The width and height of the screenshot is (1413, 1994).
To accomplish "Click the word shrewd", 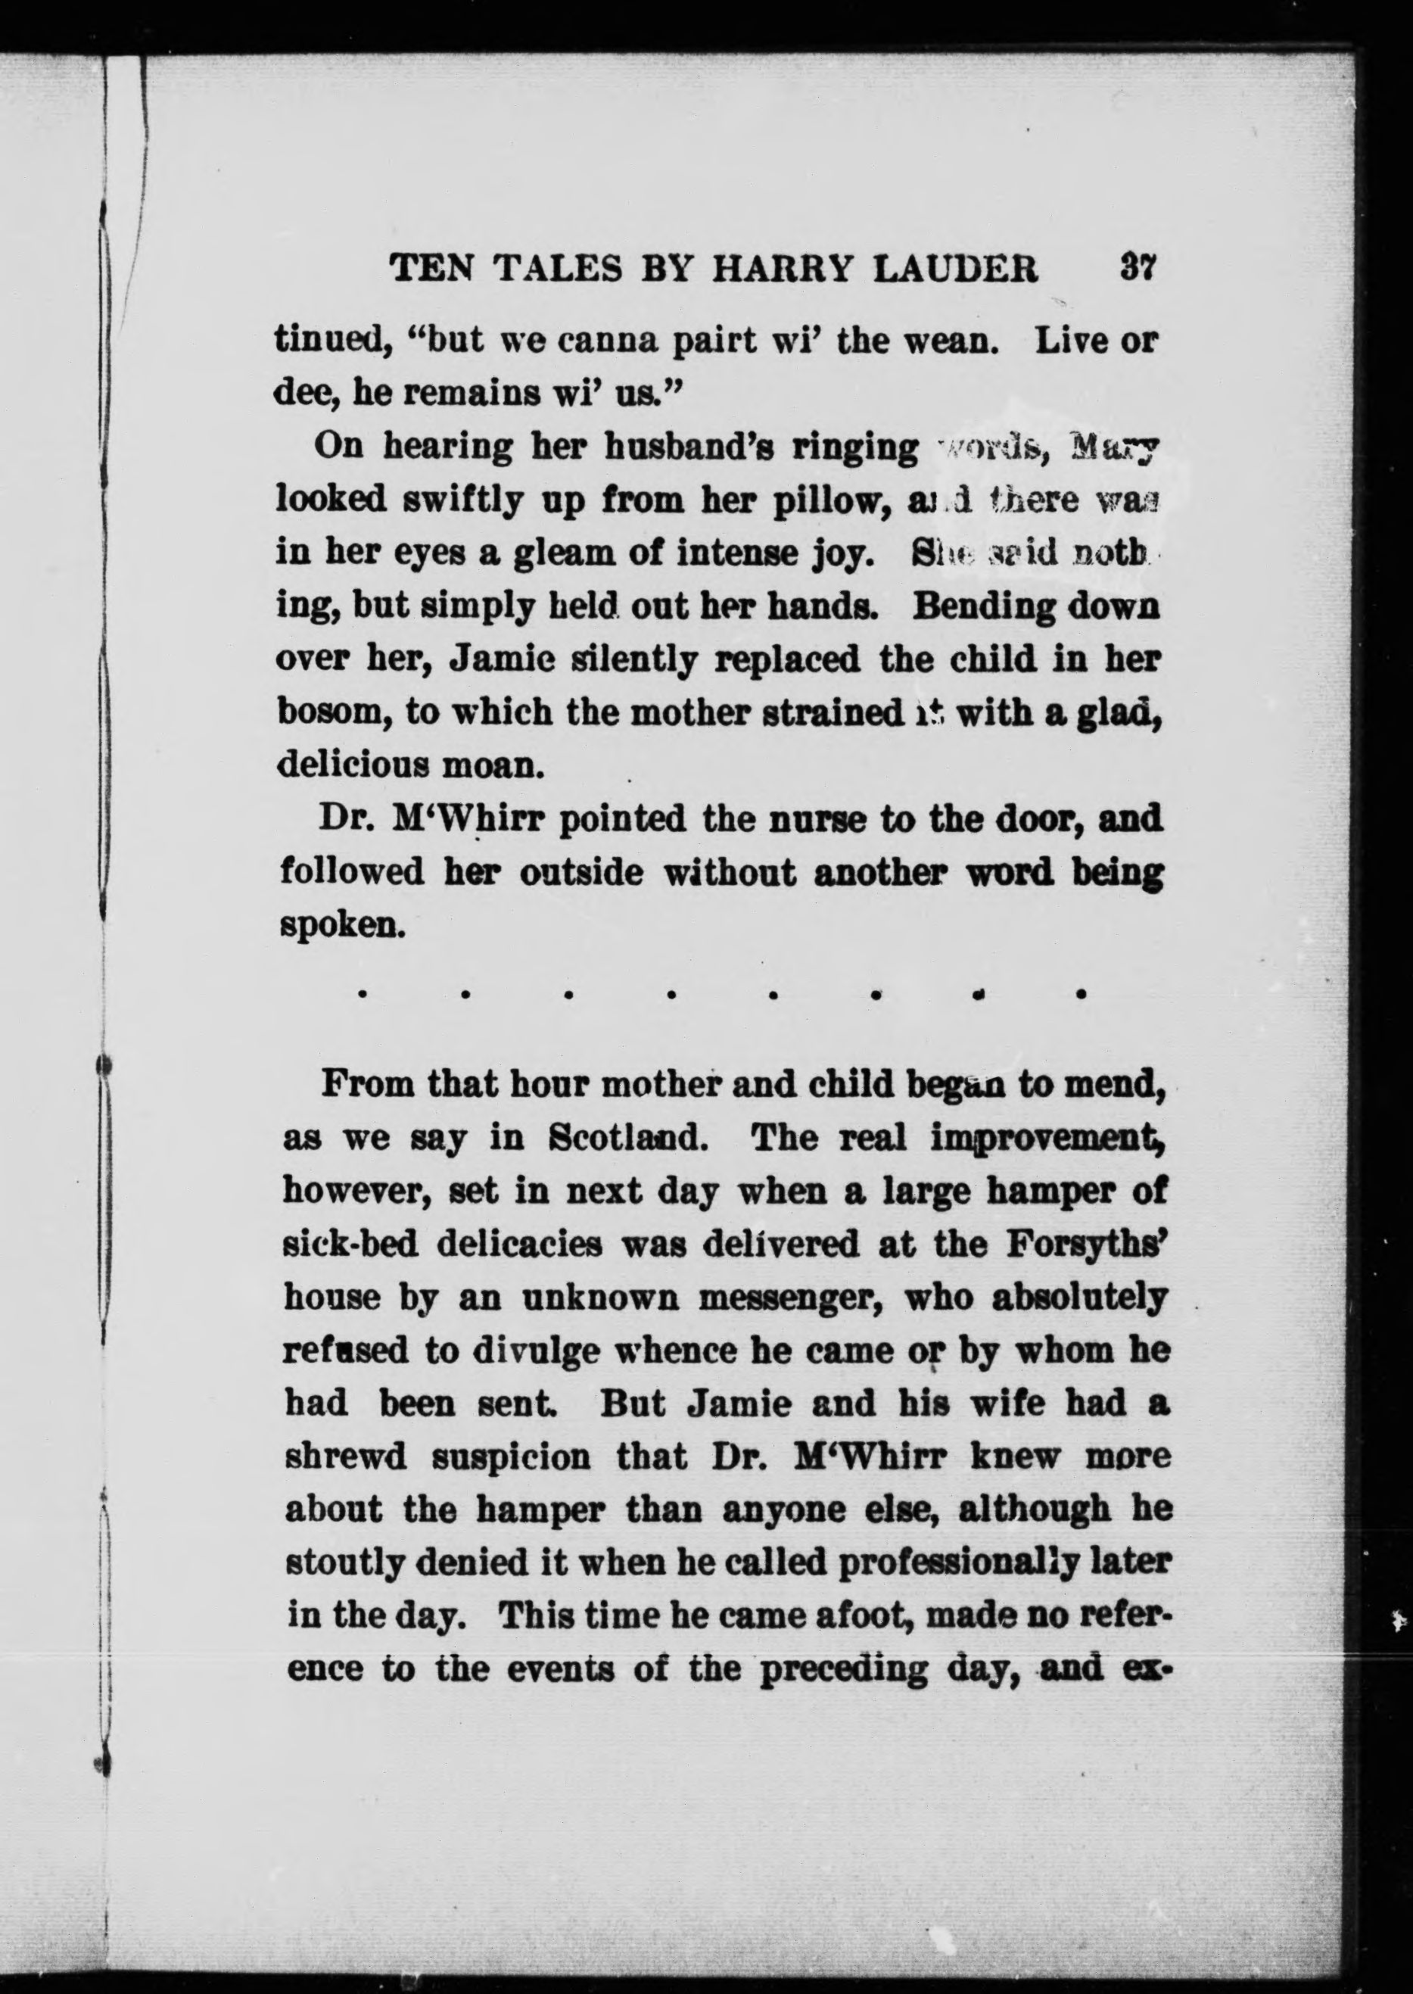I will click(345, 1457).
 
